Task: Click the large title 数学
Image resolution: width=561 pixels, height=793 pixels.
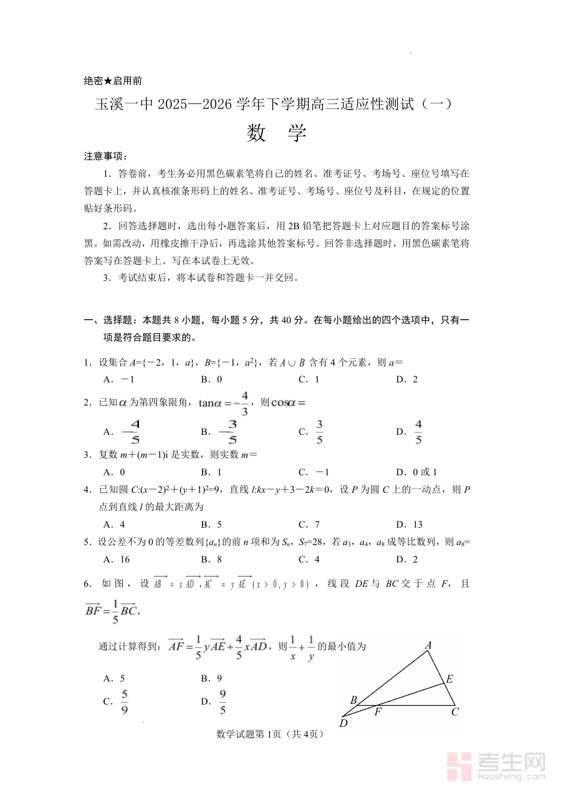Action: click(x=277, y=133)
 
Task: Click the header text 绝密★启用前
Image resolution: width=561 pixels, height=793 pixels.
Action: click(x=112, y=80)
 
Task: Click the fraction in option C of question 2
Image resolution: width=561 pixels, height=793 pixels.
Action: click(x=319, y=432)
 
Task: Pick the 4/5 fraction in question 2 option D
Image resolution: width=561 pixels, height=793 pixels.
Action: click(x=418, y=432)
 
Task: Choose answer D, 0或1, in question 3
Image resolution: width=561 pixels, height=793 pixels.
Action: click(x=416, y=472)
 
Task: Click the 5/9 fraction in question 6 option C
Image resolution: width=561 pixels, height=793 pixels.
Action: click(x=125, y=701)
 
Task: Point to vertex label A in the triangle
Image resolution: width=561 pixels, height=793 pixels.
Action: click(x=428, y=646)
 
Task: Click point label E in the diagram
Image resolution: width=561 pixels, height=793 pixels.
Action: click(x=448, y=679)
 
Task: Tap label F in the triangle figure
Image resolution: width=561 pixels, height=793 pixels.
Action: click(x=378, y=712)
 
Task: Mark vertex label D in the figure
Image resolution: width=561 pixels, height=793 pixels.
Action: click(x=343, y=723)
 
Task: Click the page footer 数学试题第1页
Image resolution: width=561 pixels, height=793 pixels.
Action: click(x=270, y=734)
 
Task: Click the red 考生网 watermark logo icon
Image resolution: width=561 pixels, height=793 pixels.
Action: click(x=461, y=767)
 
